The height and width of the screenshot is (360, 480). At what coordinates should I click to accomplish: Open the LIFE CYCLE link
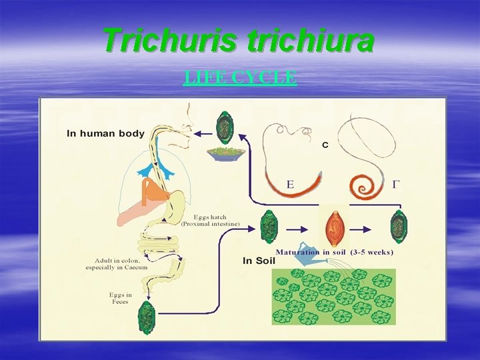pyautogui.click(x=239, y=77)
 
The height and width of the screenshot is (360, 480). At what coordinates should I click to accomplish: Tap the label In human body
pyautogui.click(x=105, y=133)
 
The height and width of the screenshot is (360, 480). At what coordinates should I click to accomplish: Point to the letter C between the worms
pyautogui.click(x=325, y=145)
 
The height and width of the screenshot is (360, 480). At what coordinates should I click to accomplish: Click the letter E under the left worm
pyautogui.click(x=290, y=184)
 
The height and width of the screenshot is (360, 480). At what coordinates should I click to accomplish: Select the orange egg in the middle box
pyautogui.click(x=333, y=228)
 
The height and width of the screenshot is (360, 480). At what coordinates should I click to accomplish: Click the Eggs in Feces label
pyautogui.click(x=121, y=298)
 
